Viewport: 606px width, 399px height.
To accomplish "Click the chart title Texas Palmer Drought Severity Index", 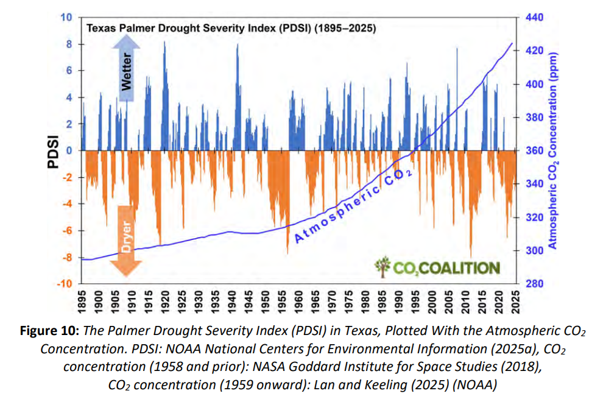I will pos(230,28).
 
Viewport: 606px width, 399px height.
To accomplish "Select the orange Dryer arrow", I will pos(127,241).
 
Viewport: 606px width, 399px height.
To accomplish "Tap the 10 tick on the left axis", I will pos(66,17).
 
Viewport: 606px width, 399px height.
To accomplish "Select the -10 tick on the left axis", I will pos(63,284).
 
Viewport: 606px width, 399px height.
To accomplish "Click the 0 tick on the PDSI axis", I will pos(68,150).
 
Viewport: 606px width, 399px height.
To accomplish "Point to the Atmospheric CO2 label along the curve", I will pos(353,207).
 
